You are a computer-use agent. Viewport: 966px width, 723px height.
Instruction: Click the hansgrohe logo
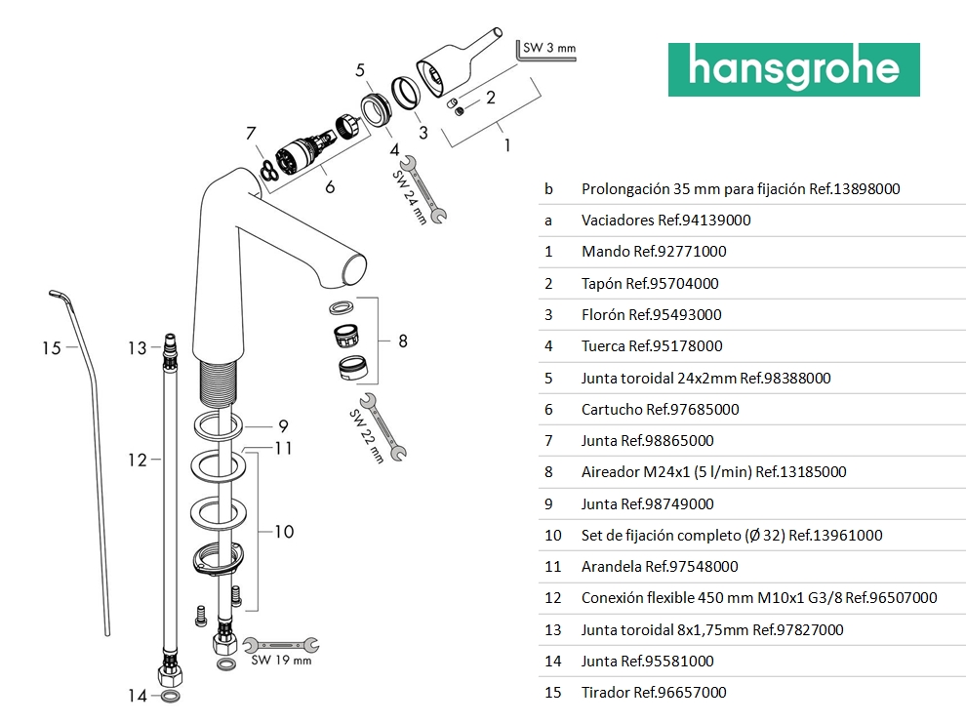click(x=793, y=69)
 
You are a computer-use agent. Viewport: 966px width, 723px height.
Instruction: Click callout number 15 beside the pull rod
click(x=52, y=347)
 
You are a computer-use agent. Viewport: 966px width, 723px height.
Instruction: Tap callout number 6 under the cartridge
click(x=330, y=187)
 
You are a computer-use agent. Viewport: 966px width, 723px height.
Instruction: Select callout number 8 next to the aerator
click(x=402, y=341)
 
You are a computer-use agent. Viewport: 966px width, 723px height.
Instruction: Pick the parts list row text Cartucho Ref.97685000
click(x=660, y=409)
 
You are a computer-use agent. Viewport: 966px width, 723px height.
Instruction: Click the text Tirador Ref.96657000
click(x=654, y=693)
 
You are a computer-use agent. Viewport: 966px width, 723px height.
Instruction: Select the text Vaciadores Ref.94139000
click(x=665, y=220)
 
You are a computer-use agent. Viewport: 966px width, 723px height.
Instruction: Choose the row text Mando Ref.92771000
click(x=654, y=251)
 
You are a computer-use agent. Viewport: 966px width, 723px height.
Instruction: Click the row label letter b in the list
click(x=548, y=188)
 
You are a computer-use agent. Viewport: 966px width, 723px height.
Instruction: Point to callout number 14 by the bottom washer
click(x=138, y=696)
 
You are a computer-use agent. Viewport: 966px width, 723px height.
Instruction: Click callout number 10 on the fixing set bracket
click(x=283, y=532)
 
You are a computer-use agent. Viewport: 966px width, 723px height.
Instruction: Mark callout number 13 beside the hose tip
click(x=137, y=347)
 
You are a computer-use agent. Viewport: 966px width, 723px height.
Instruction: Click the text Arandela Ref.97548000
click(x=660, y=566)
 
